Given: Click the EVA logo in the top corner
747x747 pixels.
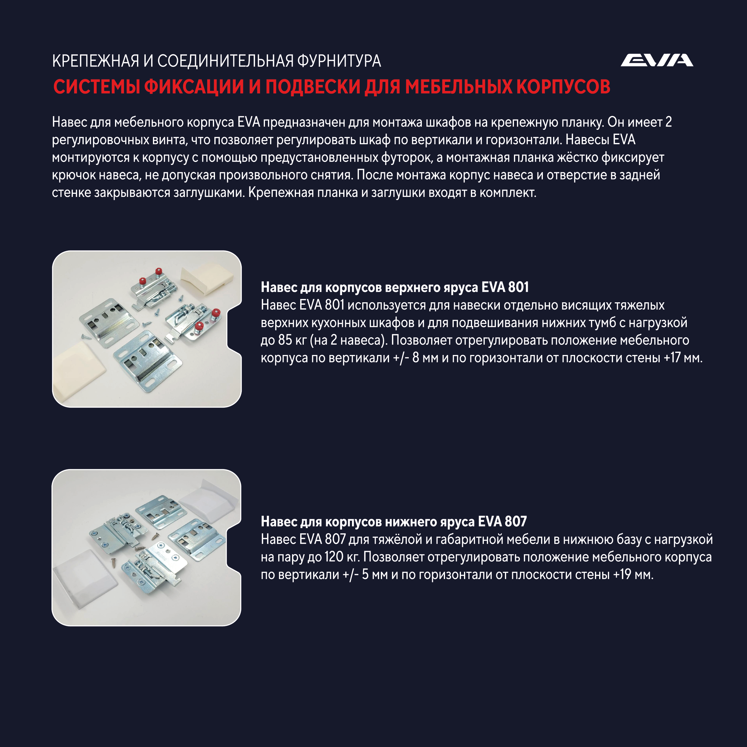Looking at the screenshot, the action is pyautogui.click(x=657, y=60).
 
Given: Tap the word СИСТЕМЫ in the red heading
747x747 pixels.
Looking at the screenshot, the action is pyautogui.click(x=97, y=87).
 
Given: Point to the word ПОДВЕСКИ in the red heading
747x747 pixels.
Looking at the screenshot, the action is pyautogui.click(x=313, y=87).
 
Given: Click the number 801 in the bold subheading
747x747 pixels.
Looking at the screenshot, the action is pyautogui.click(x=518, y=287).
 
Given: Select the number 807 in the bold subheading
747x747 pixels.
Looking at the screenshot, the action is pyautogui.click(x=516, y=521).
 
